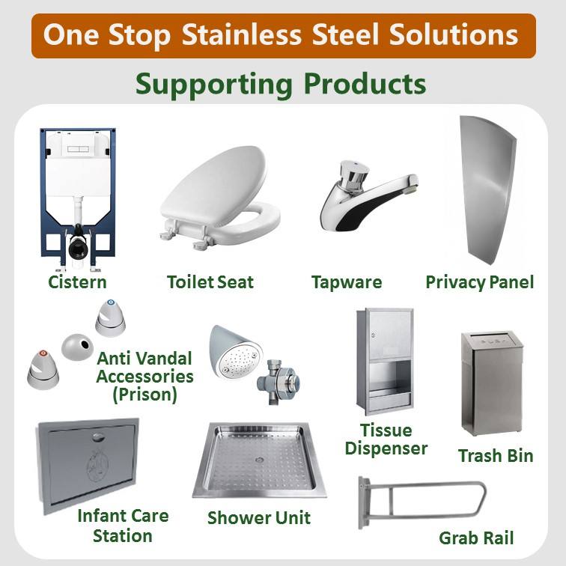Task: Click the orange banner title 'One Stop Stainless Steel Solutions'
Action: (x=283, y=35)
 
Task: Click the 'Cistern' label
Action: (x=77, y=282)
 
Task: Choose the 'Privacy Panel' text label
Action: (x=480, y=282)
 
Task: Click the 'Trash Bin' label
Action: (x=496, y=455)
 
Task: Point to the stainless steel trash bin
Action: (x=491, y=383)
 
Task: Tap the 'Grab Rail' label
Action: (x=476, y=538)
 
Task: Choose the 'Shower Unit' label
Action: (x=258, y=517)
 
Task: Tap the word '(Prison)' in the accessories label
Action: (x=144, y=395)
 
